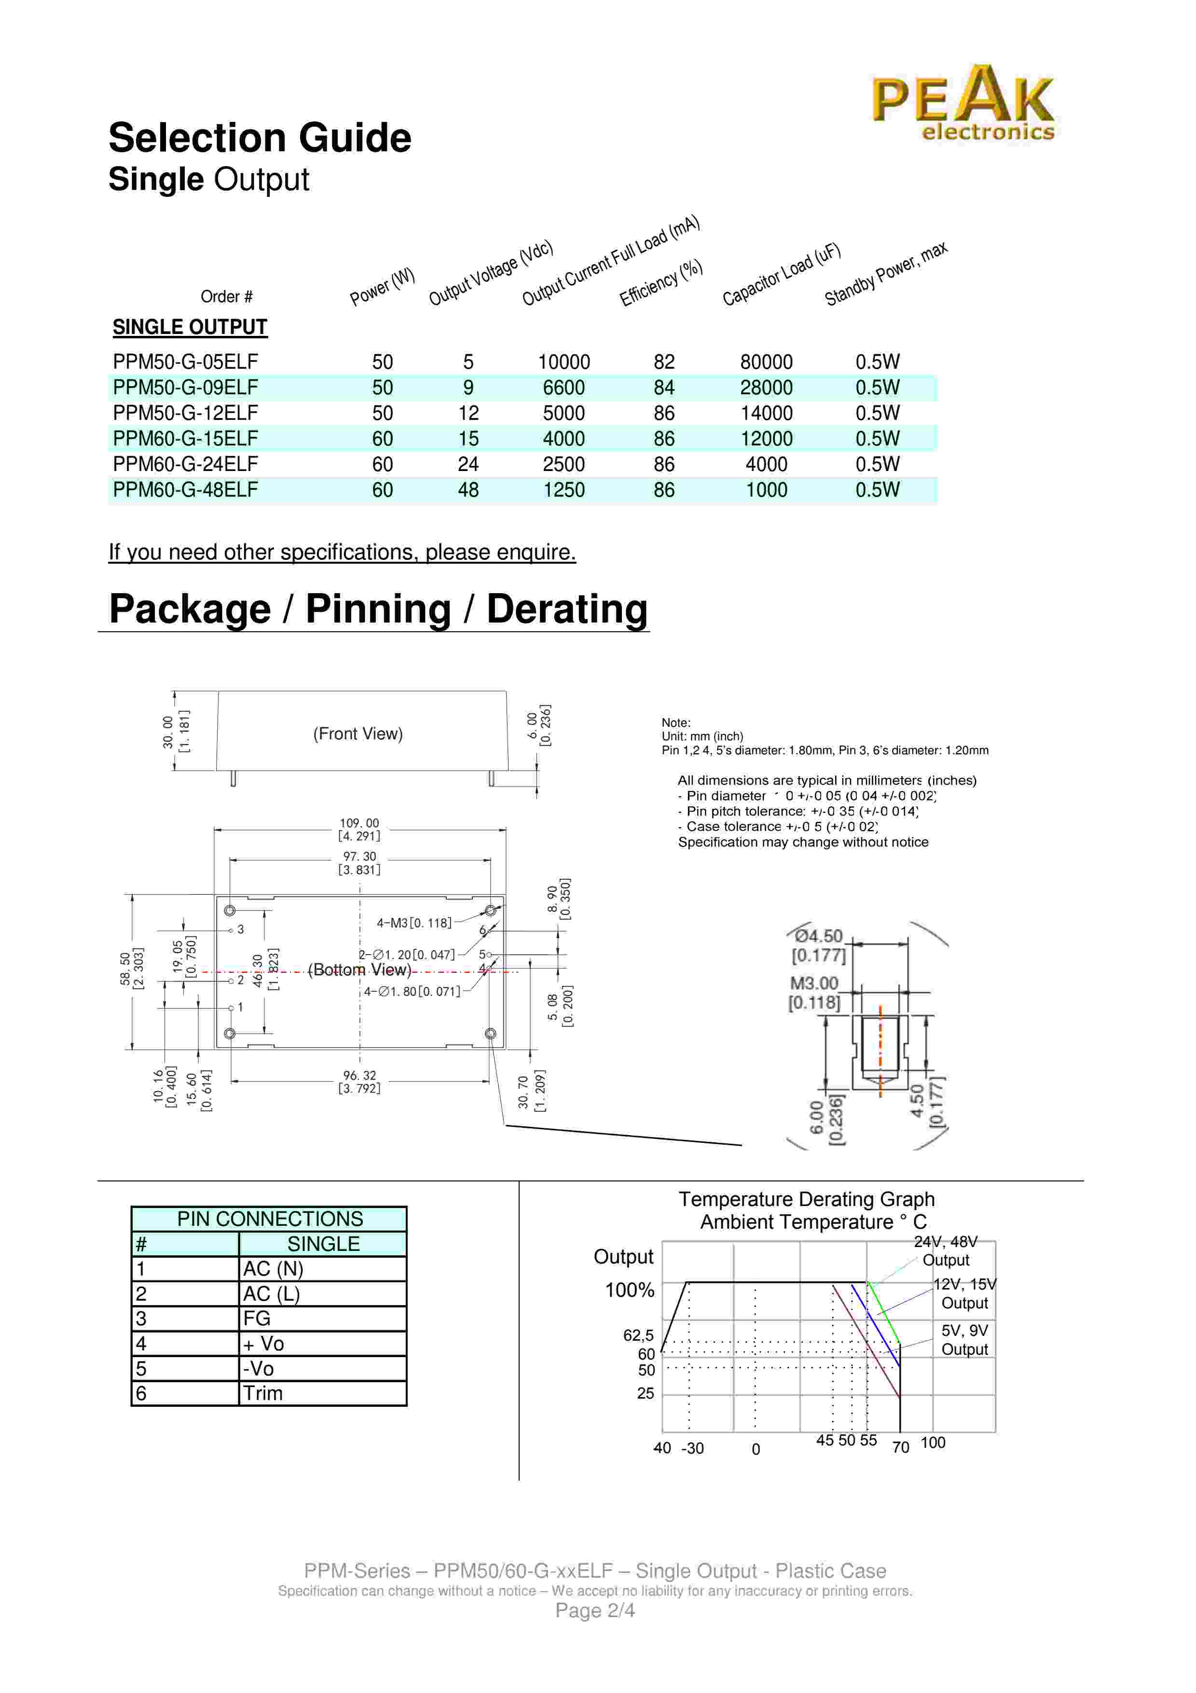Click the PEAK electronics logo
pyautogui.click(x=963, y=103)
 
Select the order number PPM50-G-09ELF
pyautogui.click(x=185, y=388)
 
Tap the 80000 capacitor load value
pyautogui.click(x=767, y=362)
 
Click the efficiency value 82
pyautogui.click(x=663, y=362)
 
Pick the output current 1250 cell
pyautogui.click(x=564, y=490)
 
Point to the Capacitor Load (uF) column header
pyautogui.click(x=781, y=274)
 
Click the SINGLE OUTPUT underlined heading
pyautogui.click(x=190, y=327)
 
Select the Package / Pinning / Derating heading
pyautogui.click(x=378, y=610)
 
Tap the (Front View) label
pyautogui.click(x=357, y=734)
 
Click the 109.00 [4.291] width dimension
pyautogui.click(x=359, y=830)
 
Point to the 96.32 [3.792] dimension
pyautogui.click(x=359, y=1082)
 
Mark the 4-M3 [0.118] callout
pyautogui.click(x=413, y=922)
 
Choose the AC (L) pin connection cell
pyautogui.click(x=271, y=1293)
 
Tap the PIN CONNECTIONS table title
pyautogui.click(x=270, y=1219)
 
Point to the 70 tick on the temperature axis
pyautogui.click(x=901, y=1447)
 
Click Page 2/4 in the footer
pyautogui.click(x=595, y=1610)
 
